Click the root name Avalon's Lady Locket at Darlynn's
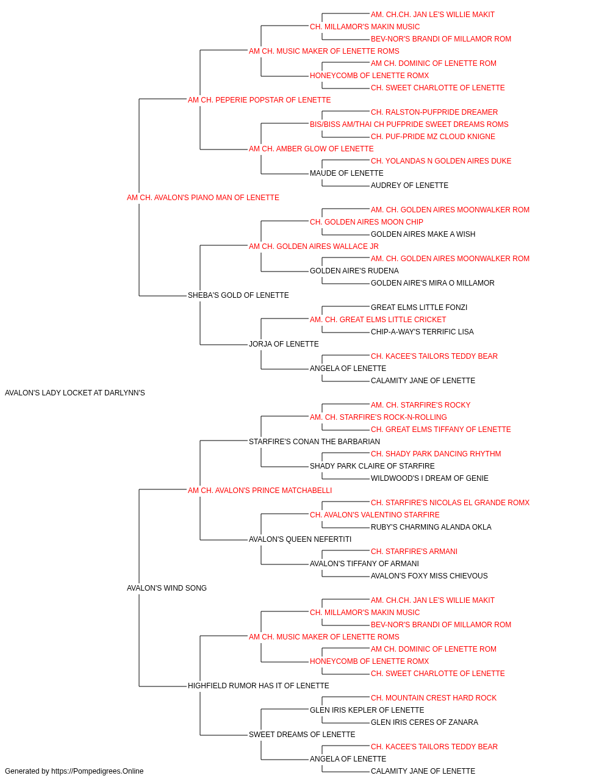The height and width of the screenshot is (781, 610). click(74, 393)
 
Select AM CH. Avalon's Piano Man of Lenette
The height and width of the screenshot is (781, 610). click(203, 198)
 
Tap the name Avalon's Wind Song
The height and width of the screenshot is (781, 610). click(167, 588)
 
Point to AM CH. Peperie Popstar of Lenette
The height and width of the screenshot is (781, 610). click(259, 100)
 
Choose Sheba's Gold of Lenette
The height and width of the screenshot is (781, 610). click(238, 295)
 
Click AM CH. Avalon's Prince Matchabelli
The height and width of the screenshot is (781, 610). click(260, 491)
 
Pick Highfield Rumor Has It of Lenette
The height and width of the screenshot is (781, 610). click(258, 686)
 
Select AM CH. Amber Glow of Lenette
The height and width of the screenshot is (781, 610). click(311, 149)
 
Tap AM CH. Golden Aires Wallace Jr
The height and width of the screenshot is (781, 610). click(314, 246)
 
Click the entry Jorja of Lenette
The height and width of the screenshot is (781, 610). click(284, 344)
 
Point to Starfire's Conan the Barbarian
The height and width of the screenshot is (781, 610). click(314, 442)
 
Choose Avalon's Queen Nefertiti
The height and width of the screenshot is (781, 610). click(300, 539)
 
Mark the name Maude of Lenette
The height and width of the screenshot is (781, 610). click(346, 173)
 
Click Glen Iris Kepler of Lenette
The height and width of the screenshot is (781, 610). click(367, 710)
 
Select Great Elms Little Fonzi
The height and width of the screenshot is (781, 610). click(419, 308)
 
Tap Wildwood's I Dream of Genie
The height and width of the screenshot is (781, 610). click(429, 478)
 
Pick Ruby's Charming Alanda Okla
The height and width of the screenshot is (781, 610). click(431, 527)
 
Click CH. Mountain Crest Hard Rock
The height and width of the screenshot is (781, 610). click(434, 698)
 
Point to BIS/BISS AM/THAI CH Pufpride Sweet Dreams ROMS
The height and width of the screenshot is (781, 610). click(409, 124)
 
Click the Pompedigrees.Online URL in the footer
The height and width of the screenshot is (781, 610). click(97, 771)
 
